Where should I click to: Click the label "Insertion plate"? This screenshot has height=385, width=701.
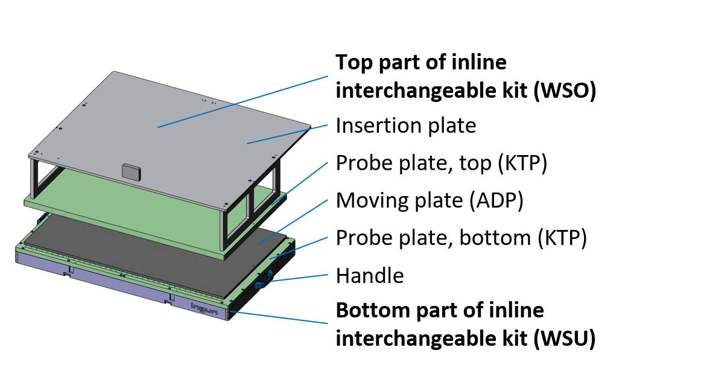pos(405,126)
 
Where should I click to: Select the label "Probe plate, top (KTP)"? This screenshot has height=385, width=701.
pos(441,164)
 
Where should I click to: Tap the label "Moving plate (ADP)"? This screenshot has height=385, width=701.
pos(429,200)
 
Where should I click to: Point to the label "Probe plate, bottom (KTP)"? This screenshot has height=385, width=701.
pos(461,238)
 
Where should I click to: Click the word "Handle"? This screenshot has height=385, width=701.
pos(369,276)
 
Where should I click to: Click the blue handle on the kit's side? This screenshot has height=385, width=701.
pos(264,279)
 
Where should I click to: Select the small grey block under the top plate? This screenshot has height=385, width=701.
pos(130,171)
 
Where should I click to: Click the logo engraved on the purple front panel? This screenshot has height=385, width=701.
pos(205,308)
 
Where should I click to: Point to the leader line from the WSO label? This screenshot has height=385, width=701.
pos(241,102)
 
